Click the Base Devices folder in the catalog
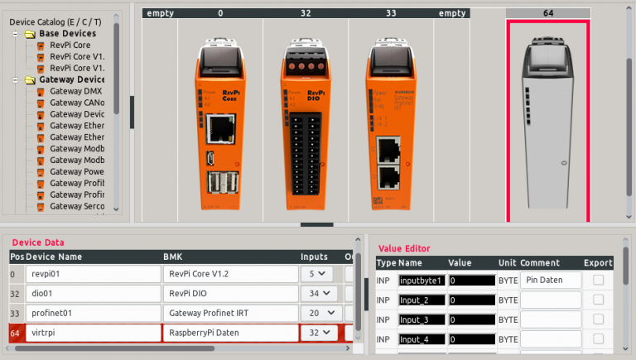66,33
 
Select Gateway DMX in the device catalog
76,91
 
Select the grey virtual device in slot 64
547,124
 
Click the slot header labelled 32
306,13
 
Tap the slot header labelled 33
390,13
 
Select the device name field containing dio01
91,294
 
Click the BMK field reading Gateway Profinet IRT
229,313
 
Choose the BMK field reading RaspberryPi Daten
229,333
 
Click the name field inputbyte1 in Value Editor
422,281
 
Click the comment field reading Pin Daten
550,281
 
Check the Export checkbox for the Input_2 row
598,300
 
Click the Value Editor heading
404,247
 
